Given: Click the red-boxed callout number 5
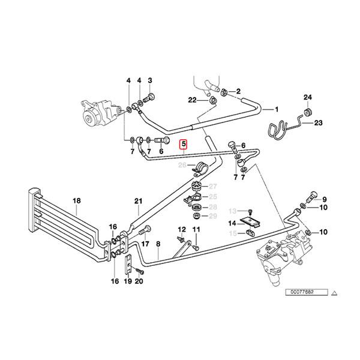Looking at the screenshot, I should point(184,144).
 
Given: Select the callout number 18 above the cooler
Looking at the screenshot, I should point(76,202).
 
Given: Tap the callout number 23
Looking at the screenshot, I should point(319,123).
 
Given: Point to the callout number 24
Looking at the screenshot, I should point(308,97).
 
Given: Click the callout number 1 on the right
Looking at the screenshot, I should point(277,110).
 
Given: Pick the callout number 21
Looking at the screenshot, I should point(139,202).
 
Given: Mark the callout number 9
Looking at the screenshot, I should point(325,200).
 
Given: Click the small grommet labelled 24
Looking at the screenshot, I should point(308,111).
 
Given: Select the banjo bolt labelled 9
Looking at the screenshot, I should point(311,196).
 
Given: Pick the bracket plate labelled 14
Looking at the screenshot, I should point(248,225).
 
